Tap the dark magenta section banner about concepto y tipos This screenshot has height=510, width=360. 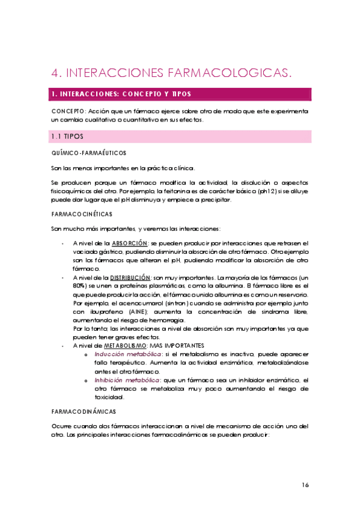pos(180,94)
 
